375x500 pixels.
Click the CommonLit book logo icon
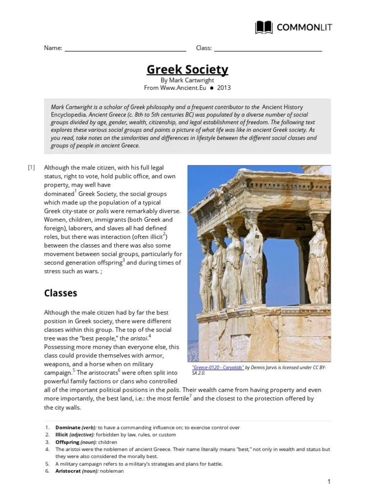click(264, 27)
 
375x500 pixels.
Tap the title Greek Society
click(187, 70)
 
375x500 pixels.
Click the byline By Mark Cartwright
click(187, 80)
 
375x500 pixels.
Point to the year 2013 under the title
click(224, 88)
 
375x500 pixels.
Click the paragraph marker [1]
click(31, 167)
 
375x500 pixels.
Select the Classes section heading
click(61, 293)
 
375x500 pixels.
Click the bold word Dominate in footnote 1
click(68, 427)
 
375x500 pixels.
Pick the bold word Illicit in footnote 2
click(62, 435)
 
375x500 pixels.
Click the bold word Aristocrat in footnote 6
click(69, 471)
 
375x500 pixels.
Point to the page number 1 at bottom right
click(329, 482)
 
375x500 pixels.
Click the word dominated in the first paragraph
click(59, 194)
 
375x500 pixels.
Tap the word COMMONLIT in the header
click(304, 27)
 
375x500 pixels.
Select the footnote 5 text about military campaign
click(139, 464)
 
